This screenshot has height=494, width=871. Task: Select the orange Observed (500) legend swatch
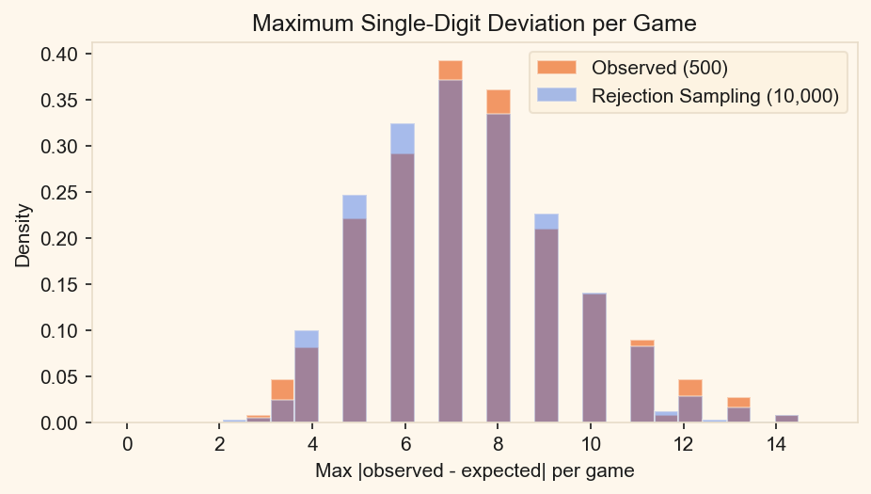[x=555, y=67]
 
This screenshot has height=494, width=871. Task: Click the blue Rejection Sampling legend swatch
[x=555, y=95]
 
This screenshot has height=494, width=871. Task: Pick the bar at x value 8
[x=499, y=273]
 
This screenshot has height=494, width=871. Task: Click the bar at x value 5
[x=355, y=320]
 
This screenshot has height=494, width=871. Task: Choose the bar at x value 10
[x=594, y=358]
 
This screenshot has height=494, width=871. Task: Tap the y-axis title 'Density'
[x=23, y=238]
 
